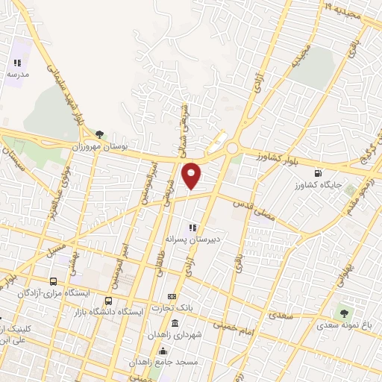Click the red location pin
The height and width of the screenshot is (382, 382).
192,175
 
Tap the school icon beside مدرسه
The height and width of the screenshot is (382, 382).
18,63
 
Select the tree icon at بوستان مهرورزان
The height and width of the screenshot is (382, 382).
99,135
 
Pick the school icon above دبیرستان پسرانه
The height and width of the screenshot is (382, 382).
192,228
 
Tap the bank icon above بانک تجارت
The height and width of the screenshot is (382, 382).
173,297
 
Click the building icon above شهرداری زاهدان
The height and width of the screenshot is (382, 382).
175,323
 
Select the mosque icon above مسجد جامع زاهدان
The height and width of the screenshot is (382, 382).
163,351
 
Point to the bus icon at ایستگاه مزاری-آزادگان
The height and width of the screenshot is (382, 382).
52,281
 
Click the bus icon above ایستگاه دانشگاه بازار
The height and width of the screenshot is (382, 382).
109,301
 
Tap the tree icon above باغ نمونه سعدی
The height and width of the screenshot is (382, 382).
344,313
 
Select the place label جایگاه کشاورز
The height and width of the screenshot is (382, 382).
317,184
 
